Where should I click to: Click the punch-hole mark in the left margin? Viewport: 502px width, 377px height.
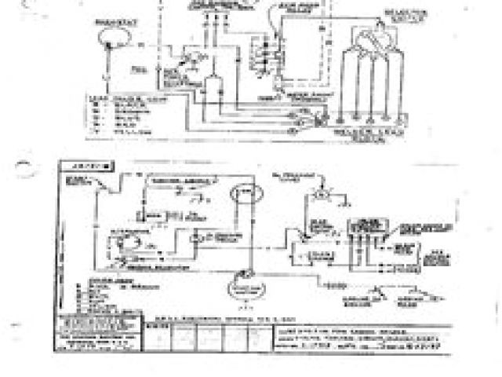click(x=24, y=166)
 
